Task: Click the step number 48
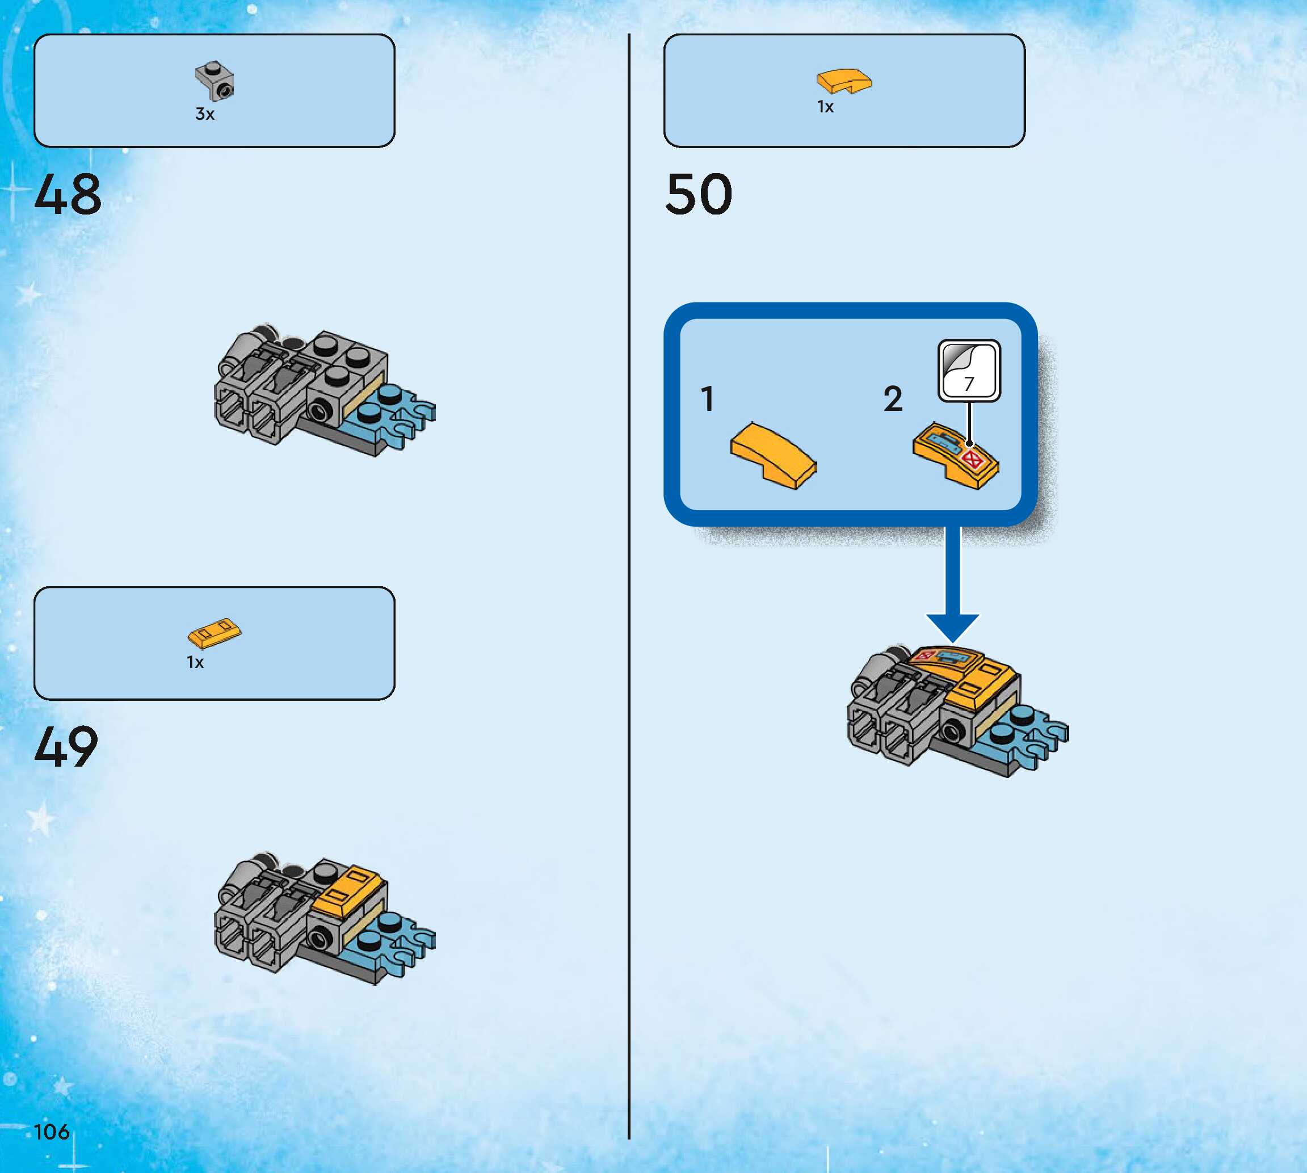[x=68, y=194]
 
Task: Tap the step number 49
[x=66, y=746]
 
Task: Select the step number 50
[x=699, y=194]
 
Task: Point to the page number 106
[x=52, y=1131]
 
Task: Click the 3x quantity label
[x=205, y=114]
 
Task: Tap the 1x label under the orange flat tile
[x=195, y=663]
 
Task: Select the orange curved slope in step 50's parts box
[x=844, y=81]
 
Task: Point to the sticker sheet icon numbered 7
[x=969, y=371]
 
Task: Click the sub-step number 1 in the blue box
[x=708, y=399]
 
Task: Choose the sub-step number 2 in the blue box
[x=893, y=399]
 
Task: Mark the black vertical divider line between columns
[x=629, y=580]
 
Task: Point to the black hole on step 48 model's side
[x=320, y=409]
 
